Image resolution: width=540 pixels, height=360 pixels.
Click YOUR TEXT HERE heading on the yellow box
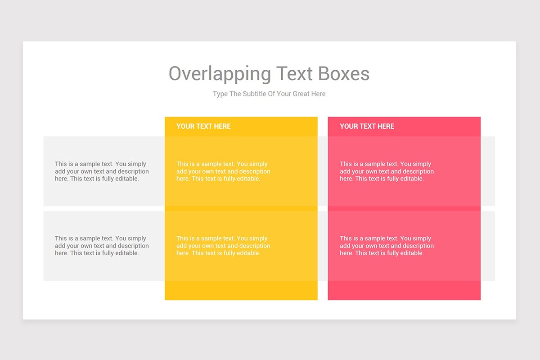click(x=203, y=126)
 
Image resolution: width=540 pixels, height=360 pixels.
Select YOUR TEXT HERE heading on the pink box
click(x=367, y=126)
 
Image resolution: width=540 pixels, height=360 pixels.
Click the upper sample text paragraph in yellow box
click(x=223, y=171)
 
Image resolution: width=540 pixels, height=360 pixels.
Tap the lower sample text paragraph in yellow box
click(x=223, y=246)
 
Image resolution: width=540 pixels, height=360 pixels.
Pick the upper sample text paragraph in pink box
click(x=387, y=171)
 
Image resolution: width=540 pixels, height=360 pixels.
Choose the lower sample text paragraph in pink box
click(x=387, y=246)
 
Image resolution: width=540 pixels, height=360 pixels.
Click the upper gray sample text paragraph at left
click(x=102, y=171)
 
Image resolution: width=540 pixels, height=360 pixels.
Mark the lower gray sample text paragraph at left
click(x=102, y=246)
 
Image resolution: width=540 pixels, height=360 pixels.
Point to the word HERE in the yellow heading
click(x=222, y=126)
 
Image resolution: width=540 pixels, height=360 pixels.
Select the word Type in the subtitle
click(x=220, y=94)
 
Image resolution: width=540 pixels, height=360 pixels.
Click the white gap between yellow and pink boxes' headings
click(x=323, y=126)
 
